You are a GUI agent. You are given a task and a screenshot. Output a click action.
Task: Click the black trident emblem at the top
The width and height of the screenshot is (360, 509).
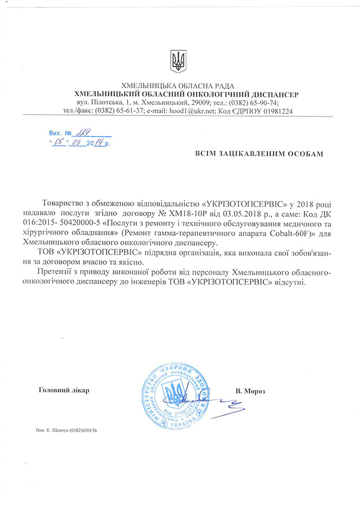tap(178, 61)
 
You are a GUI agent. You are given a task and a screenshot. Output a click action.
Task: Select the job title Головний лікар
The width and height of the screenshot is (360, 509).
tap(65, 390)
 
